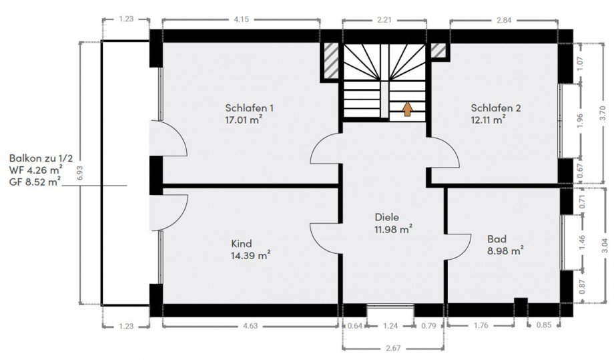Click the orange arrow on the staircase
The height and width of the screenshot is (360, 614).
coord(408,109)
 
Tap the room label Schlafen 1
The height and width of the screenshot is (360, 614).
coord(249,108)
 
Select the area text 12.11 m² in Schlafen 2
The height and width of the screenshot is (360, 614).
coord(488,120)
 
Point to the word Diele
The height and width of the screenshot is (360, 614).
coord(387,217)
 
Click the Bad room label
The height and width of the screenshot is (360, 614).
coord(497,239)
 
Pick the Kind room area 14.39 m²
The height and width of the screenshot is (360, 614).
coord(251,255)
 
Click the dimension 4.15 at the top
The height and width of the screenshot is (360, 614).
coord(241,20)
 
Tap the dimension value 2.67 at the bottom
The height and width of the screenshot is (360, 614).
coord(393,348)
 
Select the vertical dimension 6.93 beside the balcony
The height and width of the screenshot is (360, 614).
coord(80,173)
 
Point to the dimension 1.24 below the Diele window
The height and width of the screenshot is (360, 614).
coord(390,325)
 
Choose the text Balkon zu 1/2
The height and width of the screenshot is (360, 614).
coord(41,159)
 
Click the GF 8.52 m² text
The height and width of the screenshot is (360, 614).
coord(35,182)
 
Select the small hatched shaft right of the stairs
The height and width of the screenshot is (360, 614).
coord(438,50)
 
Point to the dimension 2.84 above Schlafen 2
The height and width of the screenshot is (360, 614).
coord(504,20)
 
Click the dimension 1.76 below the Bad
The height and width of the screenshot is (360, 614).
coord(481,325)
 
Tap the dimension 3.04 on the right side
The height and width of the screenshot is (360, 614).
coord(605,246)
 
